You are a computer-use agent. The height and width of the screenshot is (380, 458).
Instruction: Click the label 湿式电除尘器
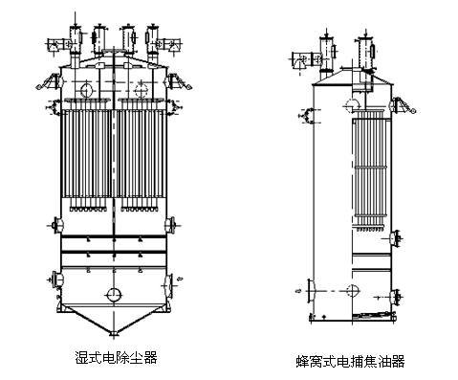tap(116, 356)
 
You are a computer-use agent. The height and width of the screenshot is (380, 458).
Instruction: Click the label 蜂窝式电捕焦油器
tap(351, 361)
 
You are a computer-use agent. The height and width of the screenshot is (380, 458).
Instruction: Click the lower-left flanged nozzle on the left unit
tap(52, 281)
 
